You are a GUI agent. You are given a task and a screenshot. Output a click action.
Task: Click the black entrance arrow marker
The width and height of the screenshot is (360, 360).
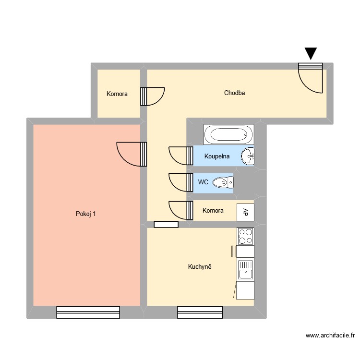tap(311, 53)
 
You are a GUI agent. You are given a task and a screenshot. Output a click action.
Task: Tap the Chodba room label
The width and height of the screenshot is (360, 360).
tap(234, 93)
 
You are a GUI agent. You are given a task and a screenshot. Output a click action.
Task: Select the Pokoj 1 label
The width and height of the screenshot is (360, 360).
tap(85, 214)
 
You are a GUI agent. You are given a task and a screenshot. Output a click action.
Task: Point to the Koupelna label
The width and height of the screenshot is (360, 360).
tap(217, 156)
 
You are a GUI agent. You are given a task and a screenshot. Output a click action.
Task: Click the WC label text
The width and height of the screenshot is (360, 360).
tap(203, 182)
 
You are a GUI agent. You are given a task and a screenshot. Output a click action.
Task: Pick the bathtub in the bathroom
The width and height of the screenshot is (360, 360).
tap(228, 135)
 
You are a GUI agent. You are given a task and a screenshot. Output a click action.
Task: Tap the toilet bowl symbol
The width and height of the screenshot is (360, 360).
tap(223, 182)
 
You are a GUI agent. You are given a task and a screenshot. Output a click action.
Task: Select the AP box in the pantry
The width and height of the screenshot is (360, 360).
tap(245, 212)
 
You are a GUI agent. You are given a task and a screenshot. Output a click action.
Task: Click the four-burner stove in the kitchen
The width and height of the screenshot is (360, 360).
tap(245, 236)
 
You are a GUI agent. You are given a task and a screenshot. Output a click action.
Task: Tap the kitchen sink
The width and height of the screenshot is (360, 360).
tap(245, 270)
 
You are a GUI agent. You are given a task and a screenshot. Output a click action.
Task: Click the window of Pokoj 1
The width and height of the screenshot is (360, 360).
tap(88, 312)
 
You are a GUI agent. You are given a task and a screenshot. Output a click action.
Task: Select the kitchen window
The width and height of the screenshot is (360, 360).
tap(200, 312)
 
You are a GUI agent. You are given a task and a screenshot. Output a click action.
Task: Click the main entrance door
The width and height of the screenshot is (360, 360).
tap(311, 77)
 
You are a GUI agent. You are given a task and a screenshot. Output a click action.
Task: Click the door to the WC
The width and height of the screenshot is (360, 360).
tap(180, 182)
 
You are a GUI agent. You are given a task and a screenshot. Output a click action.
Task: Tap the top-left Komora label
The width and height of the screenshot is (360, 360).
tap(117, 94)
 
